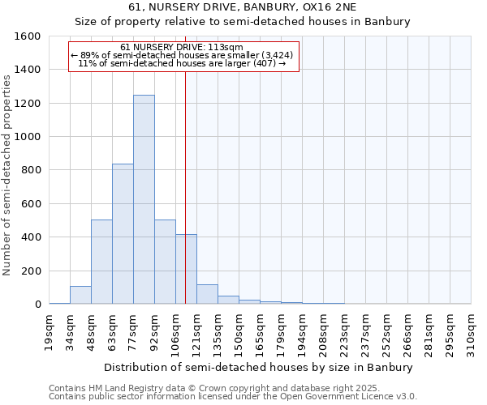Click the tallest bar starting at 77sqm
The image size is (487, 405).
point(144,199)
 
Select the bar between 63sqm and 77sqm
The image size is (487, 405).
point(123,234)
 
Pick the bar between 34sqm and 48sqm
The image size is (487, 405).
point(80,295)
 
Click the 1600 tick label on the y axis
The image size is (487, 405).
point(28,36)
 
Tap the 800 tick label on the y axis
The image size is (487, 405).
point(31,170)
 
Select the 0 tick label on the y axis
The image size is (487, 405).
point(38,305)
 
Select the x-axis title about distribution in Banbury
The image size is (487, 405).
point(259,367)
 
